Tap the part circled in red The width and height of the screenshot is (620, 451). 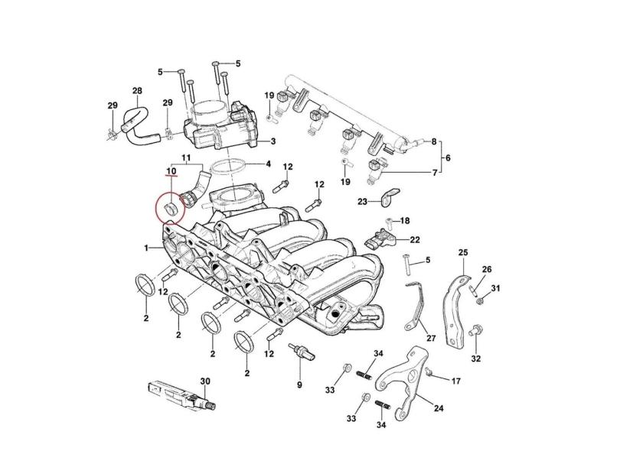(171, 207)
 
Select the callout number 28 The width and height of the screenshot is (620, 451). (137, 92)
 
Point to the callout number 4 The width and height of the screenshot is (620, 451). (268, 164)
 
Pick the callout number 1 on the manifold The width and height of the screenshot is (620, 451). (145, 249)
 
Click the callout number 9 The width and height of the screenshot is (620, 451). (300, 385)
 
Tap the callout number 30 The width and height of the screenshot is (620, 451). (204, 381)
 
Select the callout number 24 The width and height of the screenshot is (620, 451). (439, 408)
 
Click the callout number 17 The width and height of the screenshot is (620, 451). (456, 381)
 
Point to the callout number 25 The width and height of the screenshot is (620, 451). (462, 252)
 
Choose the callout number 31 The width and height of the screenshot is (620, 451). (495, 288)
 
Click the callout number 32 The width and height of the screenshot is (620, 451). (476, 358)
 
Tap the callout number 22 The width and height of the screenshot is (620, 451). (415, 239)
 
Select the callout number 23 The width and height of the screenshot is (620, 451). (363, 201)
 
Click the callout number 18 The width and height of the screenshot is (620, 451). (406, 220)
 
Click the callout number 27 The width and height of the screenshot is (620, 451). (430, 338)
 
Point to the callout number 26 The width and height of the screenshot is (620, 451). (487, 269)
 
